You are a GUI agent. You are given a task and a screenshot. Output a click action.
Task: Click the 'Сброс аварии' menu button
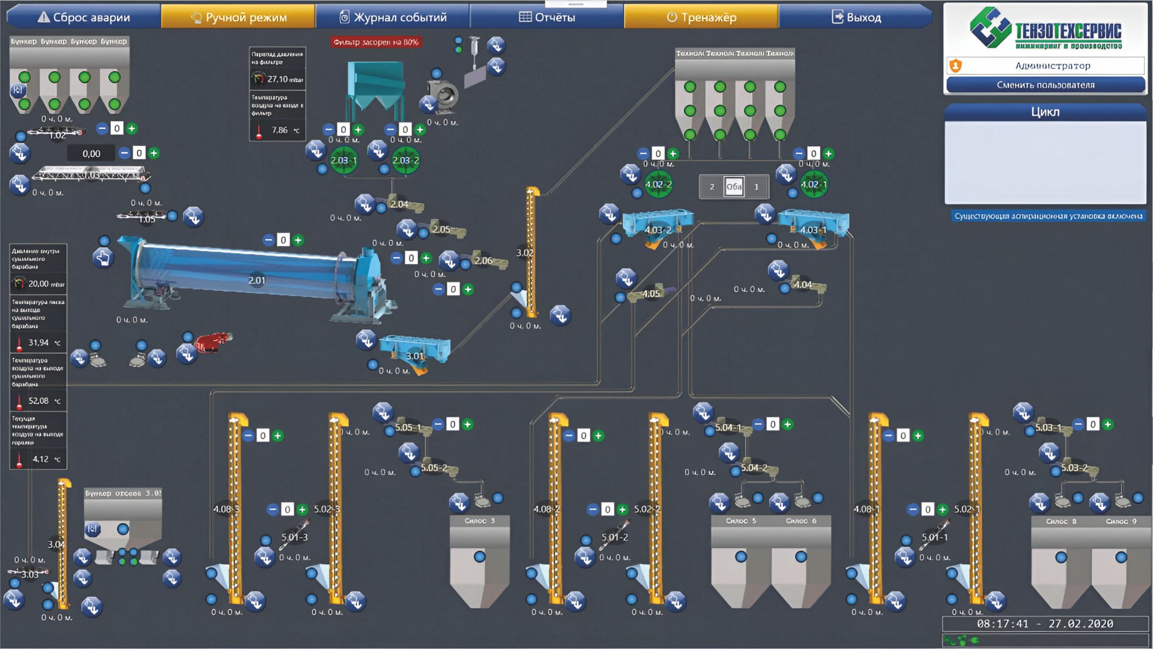coord(84,17)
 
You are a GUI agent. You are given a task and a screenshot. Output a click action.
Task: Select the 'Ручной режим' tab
coord(238,17)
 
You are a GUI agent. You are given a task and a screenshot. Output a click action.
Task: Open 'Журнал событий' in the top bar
coord(392,17)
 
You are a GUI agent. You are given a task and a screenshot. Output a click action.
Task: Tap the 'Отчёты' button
coord(547,17)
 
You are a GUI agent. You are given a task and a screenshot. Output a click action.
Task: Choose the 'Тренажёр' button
coord(701,17)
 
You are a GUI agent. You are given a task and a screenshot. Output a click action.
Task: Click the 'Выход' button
coord(856,17)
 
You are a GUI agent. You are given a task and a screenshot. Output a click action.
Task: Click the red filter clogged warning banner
coord(376,42)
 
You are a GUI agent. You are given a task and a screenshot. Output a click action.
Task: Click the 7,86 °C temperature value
coord(280,130)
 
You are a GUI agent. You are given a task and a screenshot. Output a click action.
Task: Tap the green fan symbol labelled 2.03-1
coord(343,160)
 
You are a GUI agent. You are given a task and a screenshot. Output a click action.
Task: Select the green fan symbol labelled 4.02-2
coord(658,184)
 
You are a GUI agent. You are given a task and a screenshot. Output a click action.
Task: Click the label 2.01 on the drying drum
coord(257,281)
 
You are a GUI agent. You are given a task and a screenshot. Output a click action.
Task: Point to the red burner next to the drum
coord(212,342)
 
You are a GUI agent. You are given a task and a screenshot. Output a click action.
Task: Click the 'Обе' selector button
coord(734,186)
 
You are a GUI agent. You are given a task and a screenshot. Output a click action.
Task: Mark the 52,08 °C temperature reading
coord(38,401)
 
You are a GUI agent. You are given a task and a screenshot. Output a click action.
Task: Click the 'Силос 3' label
coord(479,521)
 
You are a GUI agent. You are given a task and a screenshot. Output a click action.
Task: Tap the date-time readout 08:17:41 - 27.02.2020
coord(1045,624)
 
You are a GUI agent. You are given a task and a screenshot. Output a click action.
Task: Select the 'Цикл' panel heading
coord(1045,112)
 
